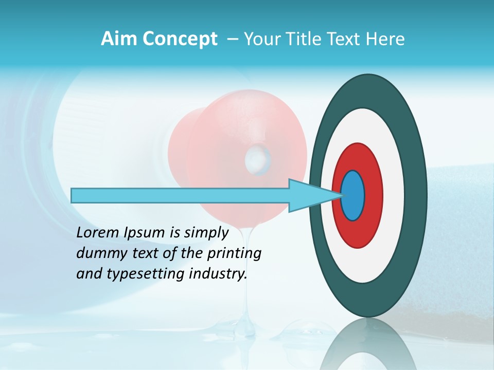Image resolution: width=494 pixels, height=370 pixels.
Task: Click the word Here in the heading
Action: (x=385, y=39)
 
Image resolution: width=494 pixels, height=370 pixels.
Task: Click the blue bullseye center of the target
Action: (x=353, y=195)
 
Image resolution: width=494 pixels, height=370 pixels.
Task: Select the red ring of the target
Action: (x=373, y=195)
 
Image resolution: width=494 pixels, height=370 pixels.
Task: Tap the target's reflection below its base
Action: (x=368, y=344)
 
